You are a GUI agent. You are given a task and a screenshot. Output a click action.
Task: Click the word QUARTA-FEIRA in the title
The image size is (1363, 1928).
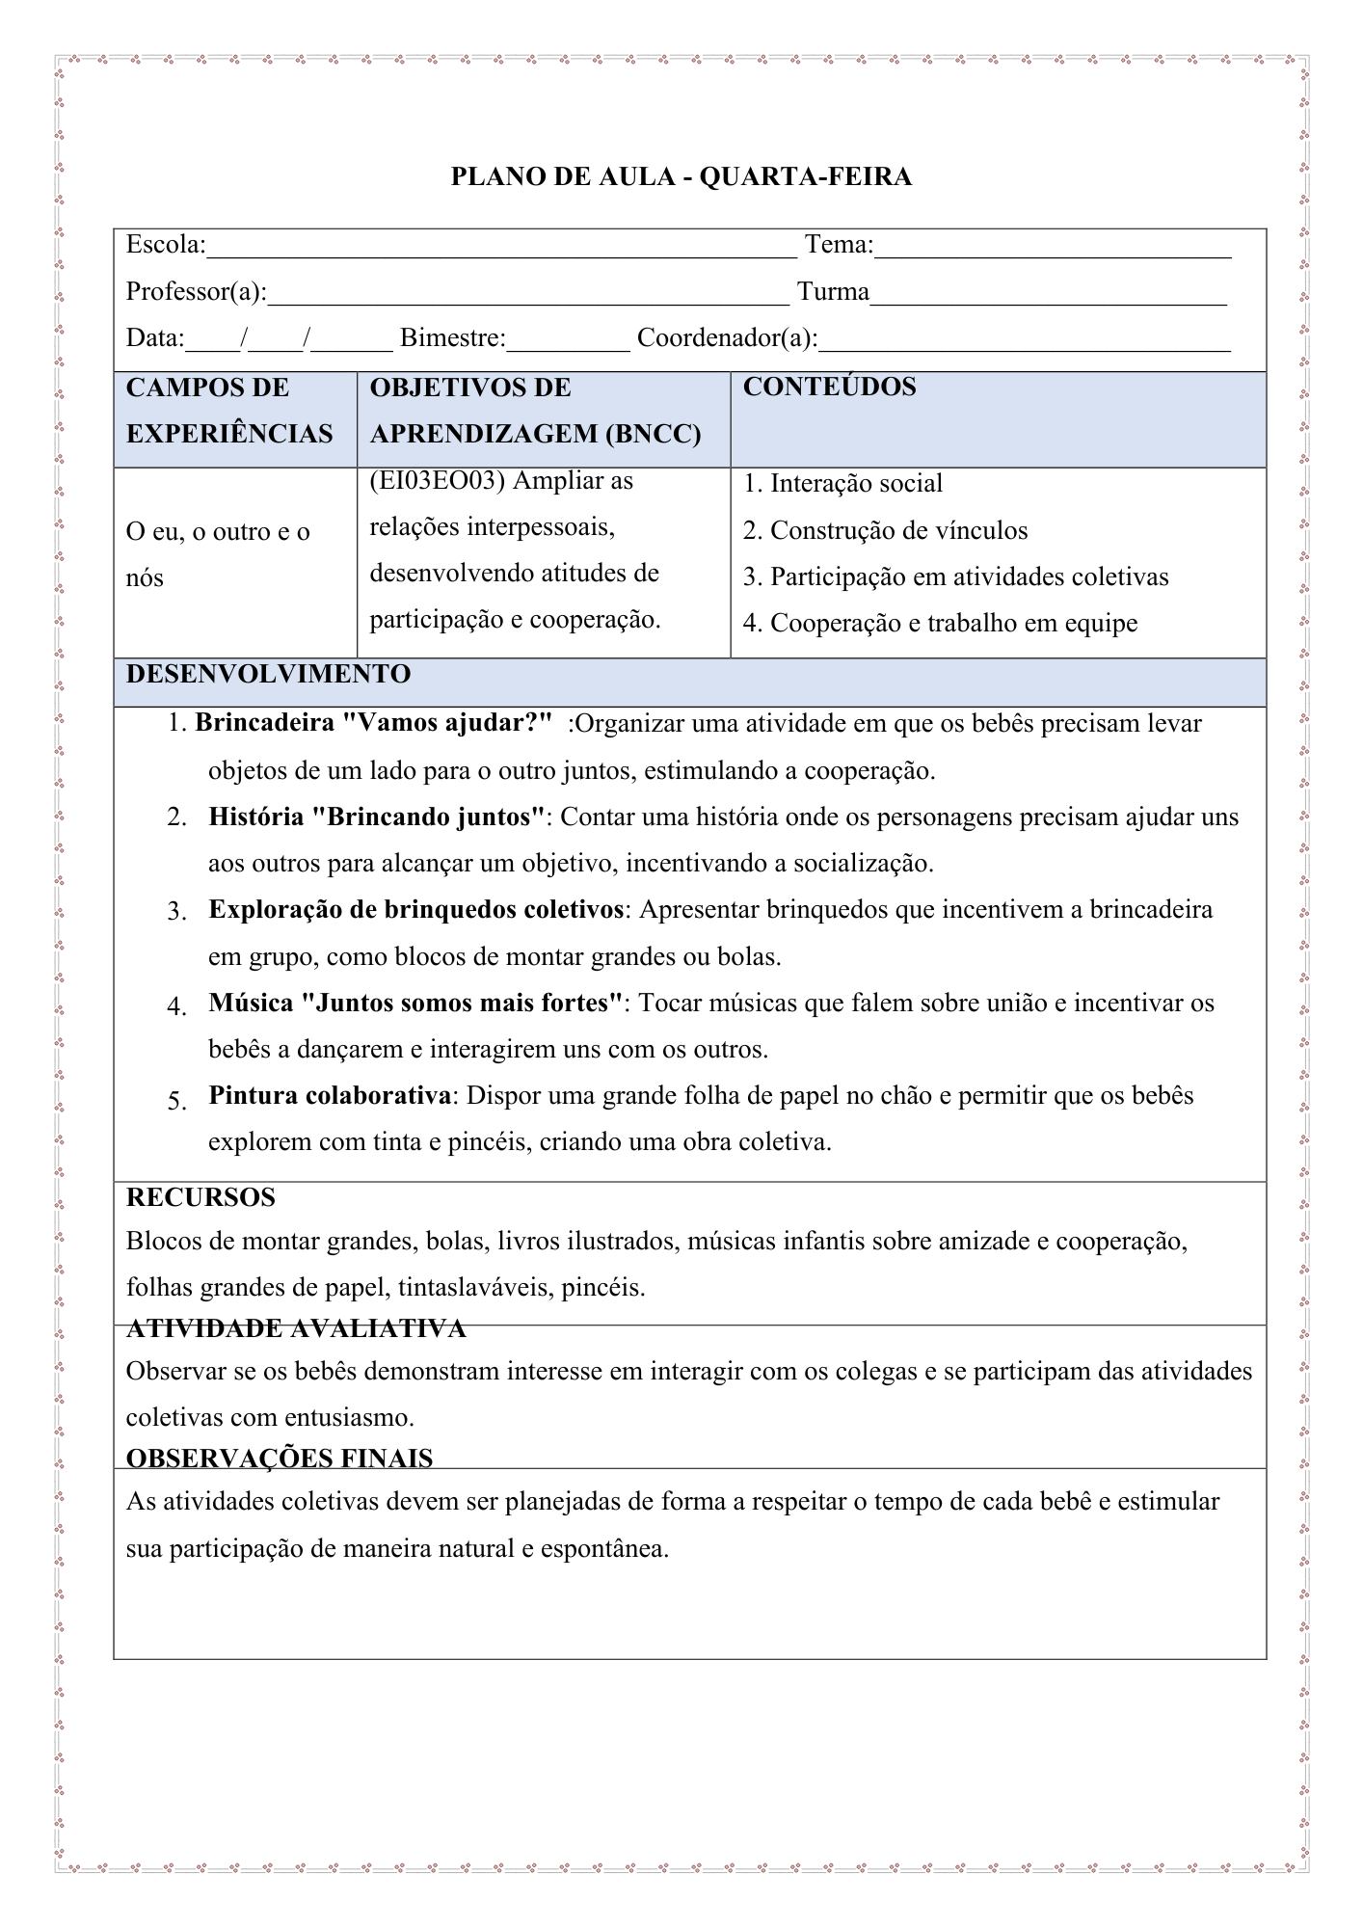click(x=805, y=177)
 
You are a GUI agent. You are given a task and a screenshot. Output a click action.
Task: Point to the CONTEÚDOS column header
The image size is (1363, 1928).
click(x=829, y=388)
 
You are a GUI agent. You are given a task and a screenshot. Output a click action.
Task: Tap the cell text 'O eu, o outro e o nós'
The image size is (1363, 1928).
click(x=218, y=554)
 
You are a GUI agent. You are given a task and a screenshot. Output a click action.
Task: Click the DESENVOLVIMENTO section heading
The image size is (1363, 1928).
click(x=268, y=675)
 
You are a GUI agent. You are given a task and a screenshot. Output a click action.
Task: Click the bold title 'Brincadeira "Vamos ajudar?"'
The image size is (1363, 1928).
click(x=374, y=724)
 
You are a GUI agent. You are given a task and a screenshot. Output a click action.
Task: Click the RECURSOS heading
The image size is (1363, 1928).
click(x=200, y=1198)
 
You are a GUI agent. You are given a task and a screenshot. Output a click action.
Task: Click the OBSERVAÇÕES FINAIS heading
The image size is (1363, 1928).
click(x=280, y=1459)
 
